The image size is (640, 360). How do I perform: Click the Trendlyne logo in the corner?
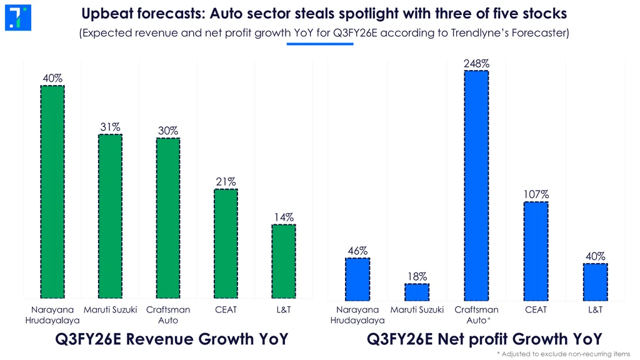click(17, 17)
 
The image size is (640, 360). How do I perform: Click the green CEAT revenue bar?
click(226, 243)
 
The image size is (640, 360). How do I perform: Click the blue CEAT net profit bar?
click(536, 251)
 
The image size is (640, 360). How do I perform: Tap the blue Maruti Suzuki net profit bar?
click(417, 292)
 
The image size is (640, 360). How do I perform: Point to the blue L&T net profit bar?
click(595, 281)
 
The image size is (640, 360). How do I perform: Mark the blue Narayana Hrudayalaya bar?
click(357, 279)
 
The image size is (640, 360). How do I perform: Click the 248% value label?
click(476, 64)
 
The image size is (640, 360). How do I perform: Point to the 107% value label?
click(536, 195)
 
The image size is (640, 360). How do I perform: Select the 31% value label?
click(111, 127)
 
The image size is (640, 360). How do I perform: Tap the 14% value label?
click(283, 217)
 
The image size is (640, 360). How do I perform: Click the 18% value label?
click(417, 276)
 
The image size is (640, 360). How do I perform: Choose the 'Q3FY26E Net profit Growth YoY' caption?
click(484, 339)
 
